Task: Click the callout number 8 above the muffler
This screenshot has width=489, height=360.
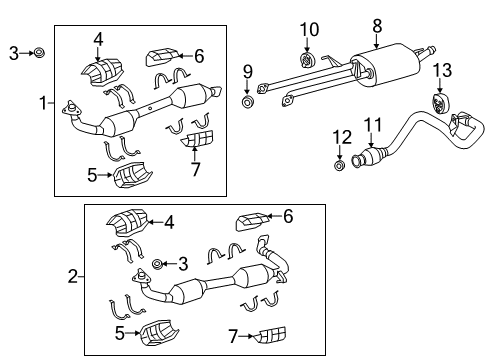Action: [x=377, y=26]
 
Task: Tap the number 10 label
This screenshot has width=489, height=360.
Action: [x=309, y=29]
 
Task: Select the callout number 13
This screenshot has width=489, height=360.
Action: [x=442, y=70]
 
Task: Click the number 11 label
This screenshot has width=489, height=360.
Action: [x=372, y=125]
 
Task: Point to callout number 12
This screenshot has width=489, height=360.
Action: [x=342, y=137]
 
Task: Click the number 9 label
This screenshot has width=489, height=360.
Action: [x=247, y=72]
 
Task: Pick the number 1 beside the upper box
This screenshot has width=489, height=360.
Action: [x=43, y=103]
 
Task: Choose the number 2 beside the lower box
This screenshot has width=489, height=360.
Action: [x=73, y=276]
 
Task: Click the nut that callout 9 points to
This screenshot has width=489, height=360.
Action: [x=247, y=102]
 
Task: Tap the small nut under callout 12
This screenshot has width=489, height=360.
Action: [x=339, y=165]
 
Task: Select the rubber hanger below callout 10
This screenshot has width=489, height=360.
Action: [x=307, y=60]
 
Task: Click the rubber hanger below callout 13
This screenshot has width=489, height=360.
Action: [x=439, y=104]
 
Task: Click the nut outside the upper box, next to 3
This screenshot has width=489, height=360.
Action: [x=39, y=52]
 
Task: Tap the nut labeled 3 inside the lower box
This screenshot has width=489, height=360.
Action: [x=157, y=264]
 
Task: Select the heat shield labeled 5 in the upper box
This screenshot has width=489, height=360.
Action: [x=132, y=175]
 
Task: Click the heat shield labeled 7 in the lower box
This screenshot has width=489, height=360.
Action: [x=271, y=335]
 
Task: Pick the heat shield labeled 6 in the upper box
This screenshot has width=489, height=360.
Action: [x=163, y=57]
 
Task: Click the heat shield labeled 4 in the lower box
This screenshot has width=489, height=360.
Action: [x=128, y=222]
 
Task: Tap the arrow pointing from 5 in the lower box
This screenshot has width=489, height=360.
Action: [x=134, y=333]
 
